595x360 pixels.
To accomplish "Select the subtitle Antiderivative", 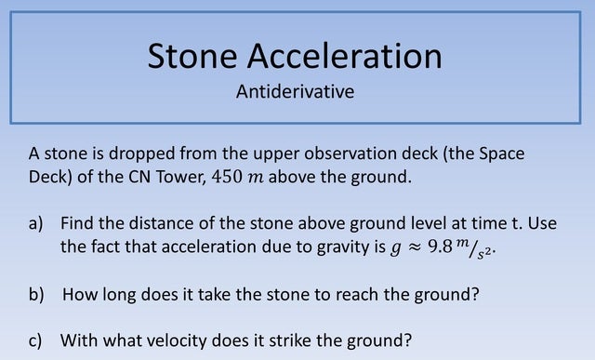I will click(x=296, y=92).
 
